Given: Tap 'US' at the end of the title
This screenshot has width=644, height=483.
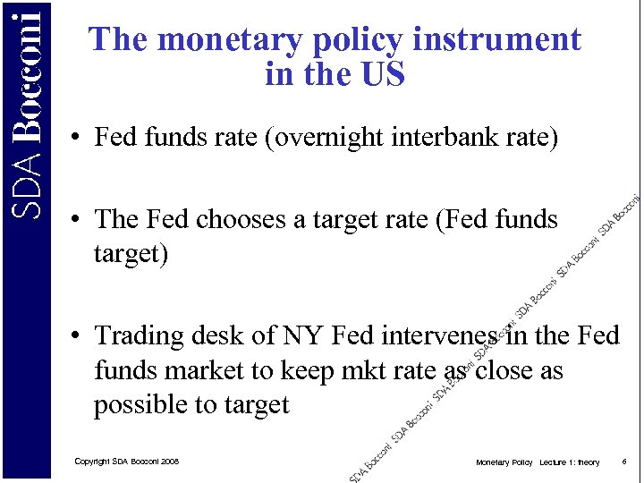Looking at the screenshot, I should pyautogui.click(x=381, y=74).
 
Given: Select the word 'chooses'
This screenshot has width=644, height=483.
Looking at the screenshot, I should pyautogui.click(x=240, y=220).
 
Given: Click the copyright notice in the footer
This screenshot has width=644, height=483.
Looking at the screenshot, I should pyautogui.click(x=126, y=462).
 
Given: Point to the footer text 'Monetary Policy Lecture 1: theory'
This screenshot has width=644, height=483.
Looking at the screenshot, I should pyautogui.click(x=537, y=462).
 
